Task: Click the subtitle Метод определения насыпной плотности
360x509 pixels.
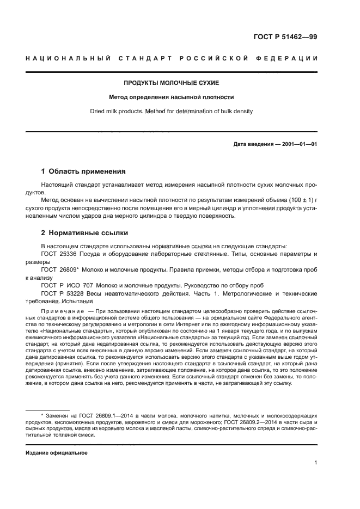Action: coord(172,97)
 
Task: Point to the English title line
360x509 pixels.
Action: coord(172,112)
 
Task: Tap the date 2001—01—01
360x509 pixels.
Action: coord(298,144)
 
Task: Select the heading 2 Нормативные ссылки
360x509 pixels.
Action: coord(84,233)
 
